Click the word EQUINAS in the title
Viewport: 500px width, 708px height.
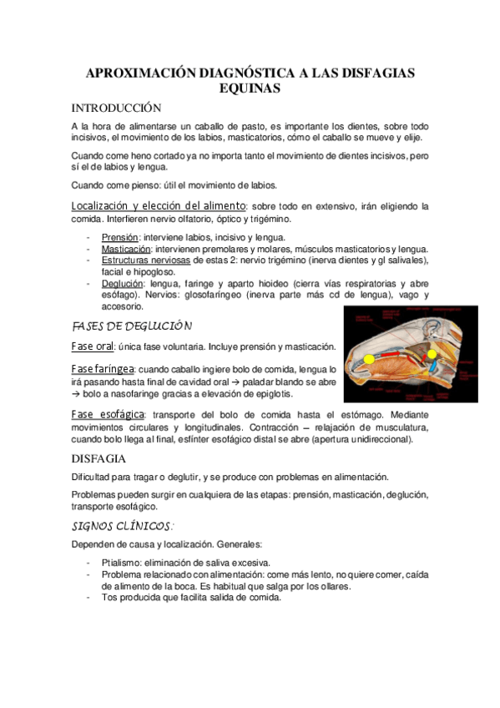(250, 87)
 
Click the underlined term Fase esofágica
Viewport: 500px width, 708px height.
(108, 414)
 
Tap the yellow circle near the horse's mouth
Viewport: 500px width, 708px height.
(369, 362)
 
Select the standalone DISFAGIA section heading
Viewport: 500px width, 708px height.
(98, 458)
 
